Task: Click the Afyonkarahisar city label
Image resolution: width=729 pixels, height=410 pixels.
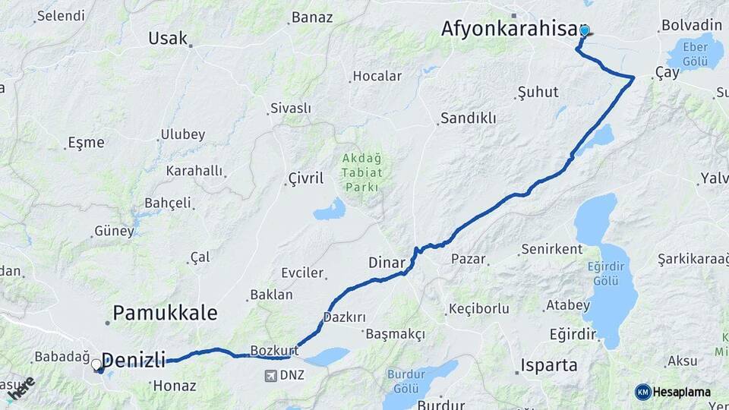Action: (510, 29)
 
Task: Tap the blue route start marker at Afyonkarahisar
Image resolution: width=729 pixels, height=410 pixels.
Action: (584, 31)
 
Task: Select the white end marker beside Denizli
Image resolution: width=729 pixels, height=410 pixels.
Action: (96, 365)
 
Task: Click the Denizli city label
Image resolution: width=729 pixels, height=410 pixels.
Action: (133, 360)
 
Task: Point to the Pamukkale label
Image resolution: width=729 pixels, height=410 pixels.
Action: (165, 313)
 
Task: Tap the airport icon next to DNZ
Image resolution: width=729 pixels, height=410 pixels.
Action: (271, 375)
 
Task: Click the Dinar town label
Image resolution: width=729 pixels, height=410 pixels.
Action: (387, 263)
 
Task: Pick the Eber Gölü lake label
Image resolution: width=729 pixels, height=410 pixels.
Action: (695, 53)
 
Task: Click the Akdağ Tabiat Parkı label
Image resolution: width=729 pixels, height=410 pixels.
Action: (362, 173)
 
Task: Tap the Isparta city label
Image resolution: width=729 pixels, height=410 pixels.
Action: (549, 365)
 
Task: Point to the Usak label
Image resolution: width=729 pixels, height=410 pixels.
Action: (168, 38)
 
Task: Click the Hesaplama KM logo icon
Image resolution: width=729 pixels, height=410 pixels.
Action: (643, 392)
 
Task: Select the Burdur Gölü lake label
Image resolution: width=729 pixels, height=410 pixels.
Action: (412, 380)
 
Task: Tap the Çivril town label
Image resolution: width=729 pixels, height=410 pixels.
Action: (306, 178)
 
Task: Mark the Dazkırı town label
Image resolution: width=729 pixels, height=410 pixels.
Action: (345, 317)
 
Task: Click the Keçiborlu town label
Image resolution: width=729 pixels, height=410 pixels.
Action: (479, 308)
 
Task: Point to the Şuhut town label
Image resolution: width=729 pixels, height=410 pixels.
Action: (538, 92)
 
